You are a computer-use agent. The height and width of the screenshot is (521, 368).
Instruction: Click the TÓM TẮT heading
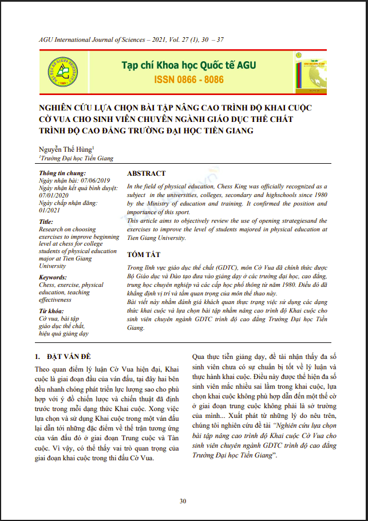(x=144, y=254)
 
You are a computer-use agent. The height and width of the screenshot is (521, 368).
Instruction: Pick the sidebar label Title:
(x=46, y=222)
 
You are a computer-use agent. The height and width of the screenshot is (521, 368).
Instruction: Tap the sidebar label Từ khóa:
(x=50, y=311)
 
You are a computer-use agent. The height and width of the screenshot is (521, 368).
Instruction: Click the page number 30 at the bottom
(x=183, y=502)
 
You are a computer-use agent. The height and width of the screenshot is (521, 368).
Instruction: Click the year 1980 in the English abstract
(x=318, y=195)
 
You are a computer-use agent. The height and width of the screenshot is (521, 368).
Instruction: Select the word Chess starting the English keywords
(x=47, y=285)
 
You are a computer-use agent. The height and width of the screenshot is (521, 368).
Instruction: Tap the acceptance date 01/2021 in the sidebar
(x=49, y=210)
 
